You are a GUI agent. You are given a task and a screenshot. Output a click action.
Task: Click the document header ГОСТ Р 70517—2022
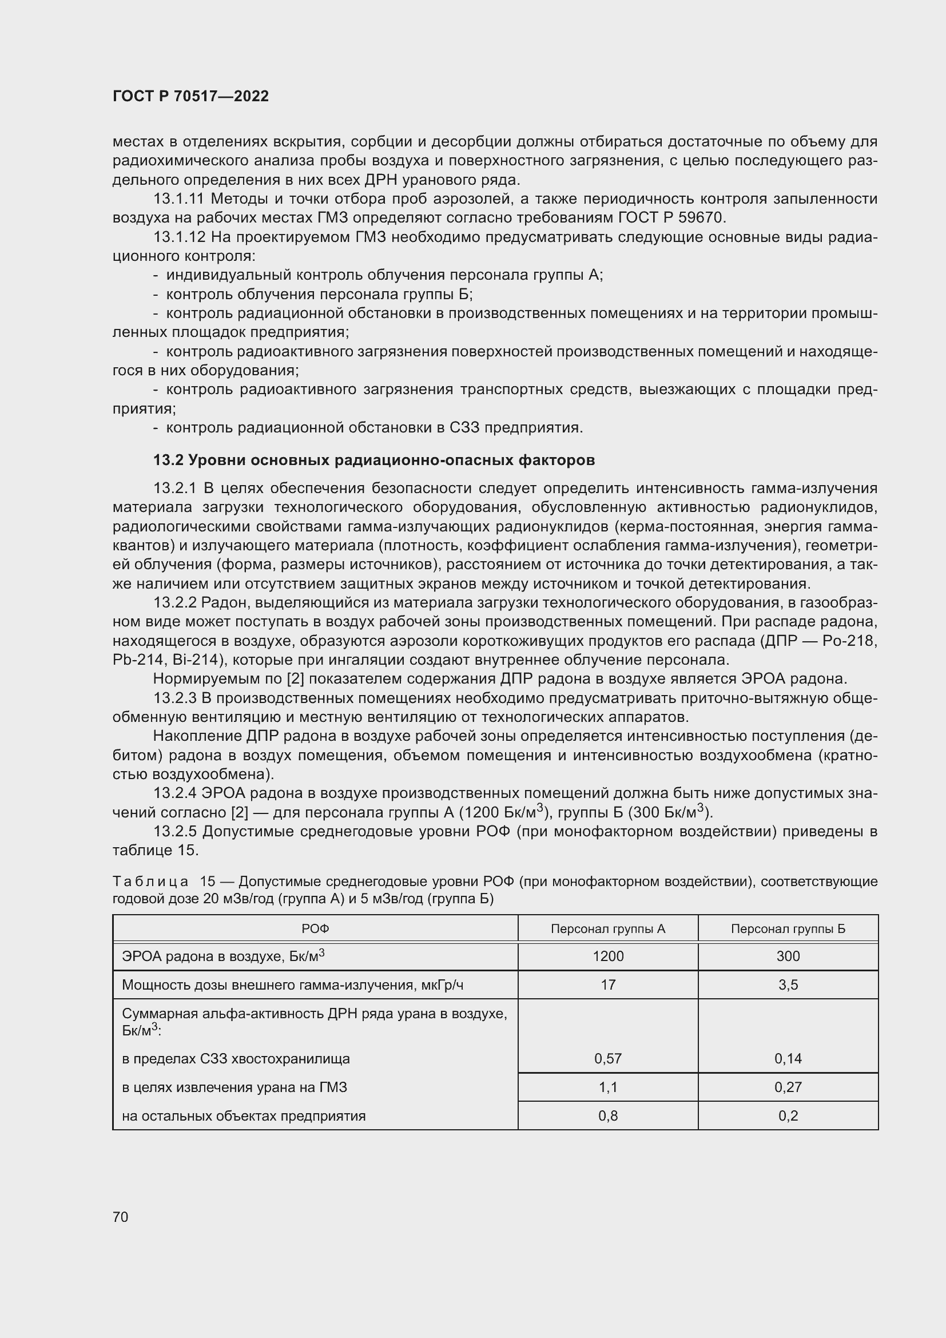click(x=190, y=96)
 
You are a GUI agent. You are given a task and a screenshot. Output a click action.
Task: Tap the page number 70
click(x=121, y=1217)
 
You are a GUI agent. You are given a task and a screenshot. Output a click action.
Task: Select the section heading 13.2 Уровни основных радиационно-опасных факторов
click(x=374, y=460)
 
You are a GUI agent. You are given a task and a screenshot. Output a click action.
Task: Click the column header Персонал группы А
click(x=607, y=929)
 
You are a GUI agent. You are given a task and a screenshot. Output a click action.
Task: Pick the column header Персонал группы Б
click(x=788, y=929)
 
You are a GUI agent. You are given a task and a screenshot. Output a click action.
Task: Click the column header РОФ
click(x=315, y=929)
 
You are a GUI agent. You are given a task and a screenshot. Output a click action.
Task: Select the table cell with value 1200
click(x=607, y=956)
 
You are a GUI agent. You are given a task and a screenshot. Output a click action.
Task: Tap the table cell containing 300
click(x=788, y=956)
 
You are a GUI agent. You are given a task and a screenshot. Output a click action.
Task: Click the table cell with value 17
click(x=607, y=985)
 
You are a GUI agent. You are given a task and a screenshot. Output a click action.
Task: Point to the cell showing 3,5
click(x=788, y=985)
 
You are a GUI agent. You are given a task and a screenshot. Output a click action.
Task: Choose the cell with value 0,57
click(x=607, y=1058)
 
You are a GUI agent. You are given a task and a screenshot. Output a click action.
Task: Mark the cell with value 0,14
click(x=788, y=1058)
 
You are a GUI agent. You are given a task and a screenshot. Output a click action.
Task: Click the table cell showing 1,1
click(x=607, y=1087)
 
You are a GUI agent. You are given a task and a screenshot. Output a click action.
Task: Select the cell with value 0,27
click(x=788, y=1087)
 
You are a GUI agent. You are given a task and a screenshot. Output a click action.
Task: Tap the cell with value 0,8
click(x=607, y=1115)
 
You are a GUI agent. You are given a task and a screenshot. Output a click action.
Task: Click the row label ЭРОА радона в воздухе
click(x=222, y=956)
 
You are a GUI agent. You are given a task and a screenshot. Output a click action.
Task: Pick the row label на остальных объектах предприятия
click(x=244, y=1115)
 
